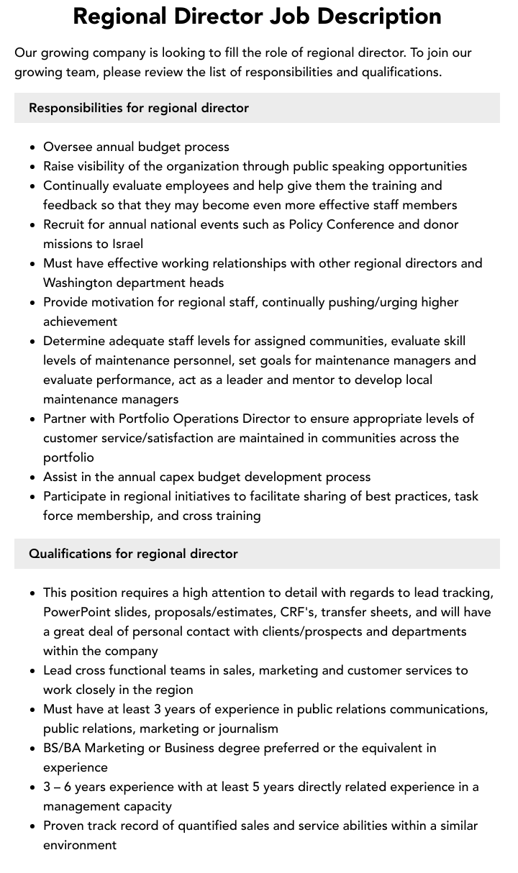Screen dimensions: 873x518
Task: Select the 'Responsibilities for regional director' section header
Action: [139, 108]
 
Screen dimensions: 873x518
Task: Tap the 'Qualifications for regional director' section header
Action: [133, 554]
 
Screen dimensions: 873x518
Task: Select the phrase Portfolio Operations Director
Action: [204, 419]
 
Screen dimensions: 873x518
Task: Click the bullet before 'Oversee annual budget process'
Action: [33, 147]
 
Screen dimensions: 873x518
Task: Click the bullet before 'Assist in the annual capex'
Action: [33, 477]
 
